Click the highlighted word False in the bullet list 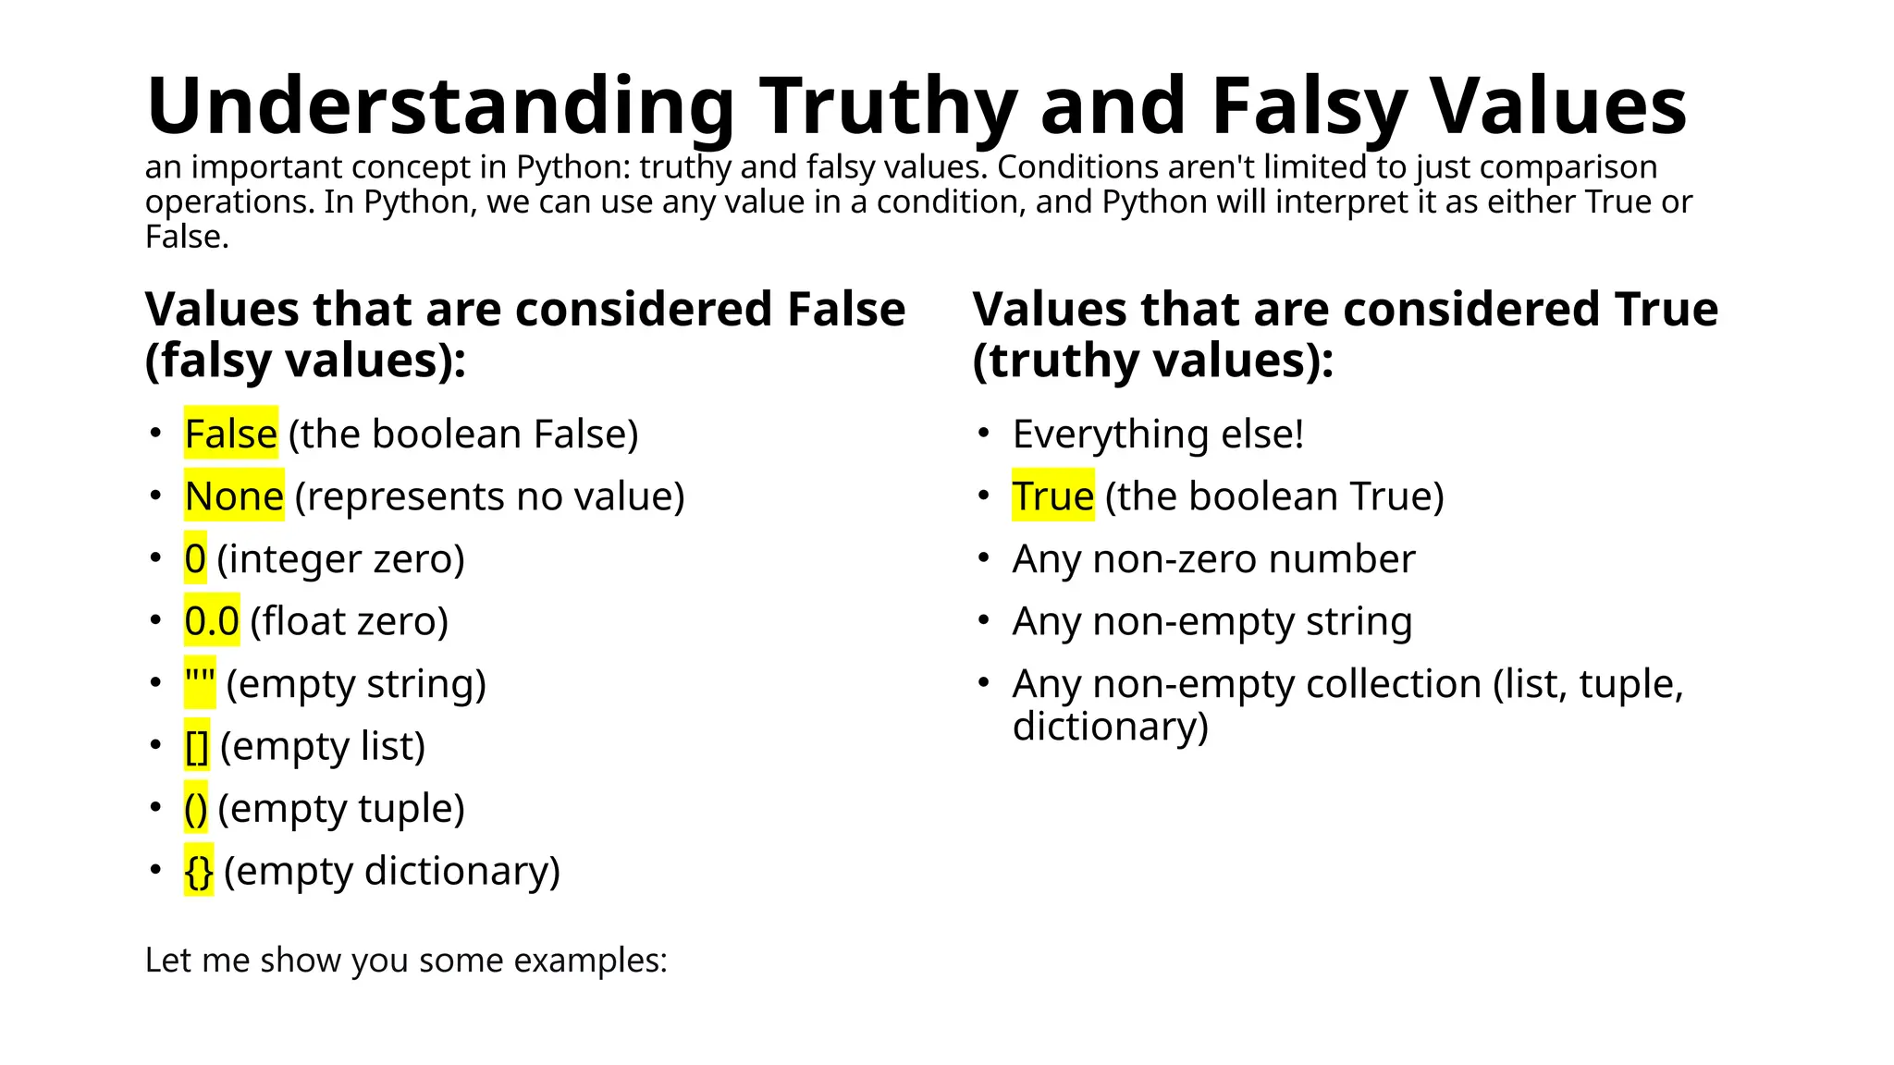(230, 434)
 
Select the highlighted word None (234, 496)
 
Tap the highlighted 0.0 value (212, 621)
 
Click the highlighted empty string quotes (200, 684)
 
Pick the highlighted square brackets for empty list (197, 746)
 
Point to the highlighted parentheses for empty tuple (195, 809)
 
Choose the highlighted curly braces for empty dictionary (199, 871)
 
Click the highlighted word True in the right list (1052, 496)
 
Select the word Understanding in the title (440, 106)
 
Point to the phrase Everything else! (1158, 434)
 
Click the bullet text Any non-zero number (1213, 559)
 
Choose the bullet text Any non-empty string (1212, 621)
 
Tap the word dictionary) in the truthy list (1111, 727)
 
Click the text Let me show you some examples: (406, 961)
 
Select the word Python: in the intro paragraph (573, 167)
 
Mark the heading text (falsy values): (305, 361)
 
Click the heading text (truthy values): (1153, 361)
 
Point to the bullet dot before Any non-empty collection (984, 682)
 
